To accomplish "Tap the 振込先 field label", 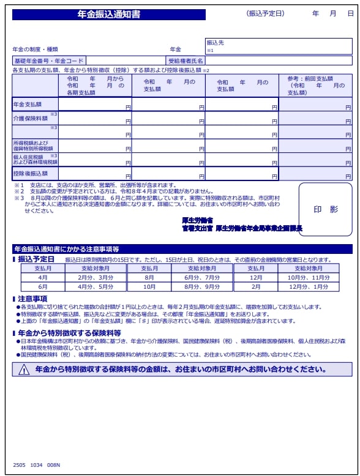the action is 216,43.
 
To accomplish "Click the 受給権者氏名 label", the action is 186,61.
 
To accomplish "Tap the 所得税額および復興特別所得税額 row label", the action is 33,146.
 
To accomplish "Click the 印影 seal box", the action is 325,209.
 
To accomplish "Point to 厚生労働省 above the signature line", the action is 197,220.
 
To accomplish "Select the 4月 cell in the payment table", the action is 43,277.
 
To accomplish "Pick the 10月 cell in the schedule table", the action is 149,286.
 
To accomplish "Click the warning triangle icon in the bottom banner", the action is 24,370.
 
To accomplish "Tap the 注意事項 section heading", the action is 33,299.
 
